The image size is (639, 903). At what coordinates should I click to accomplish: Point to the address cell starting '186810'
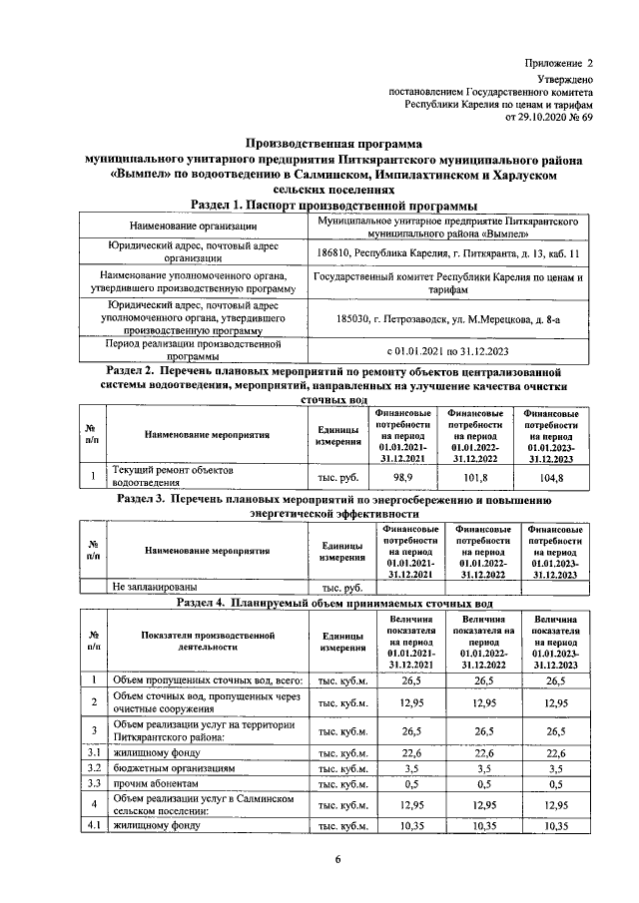click(447, 255)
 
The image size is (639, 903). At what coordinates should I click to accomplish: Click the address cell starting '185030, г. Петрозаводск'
click(446, 318)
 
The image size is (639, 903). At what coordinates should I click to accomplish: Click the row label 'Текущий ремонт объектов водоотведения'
click(171, 476)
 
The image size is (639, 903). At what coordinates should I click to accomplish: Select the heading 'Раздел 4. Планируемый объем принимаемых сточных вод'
click(333, 603)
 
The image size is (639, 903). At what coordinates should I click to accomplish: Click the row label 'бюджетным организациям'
click(174, 769)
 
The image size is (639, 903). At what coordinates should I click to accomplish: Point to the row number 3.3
click(93, 785)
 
